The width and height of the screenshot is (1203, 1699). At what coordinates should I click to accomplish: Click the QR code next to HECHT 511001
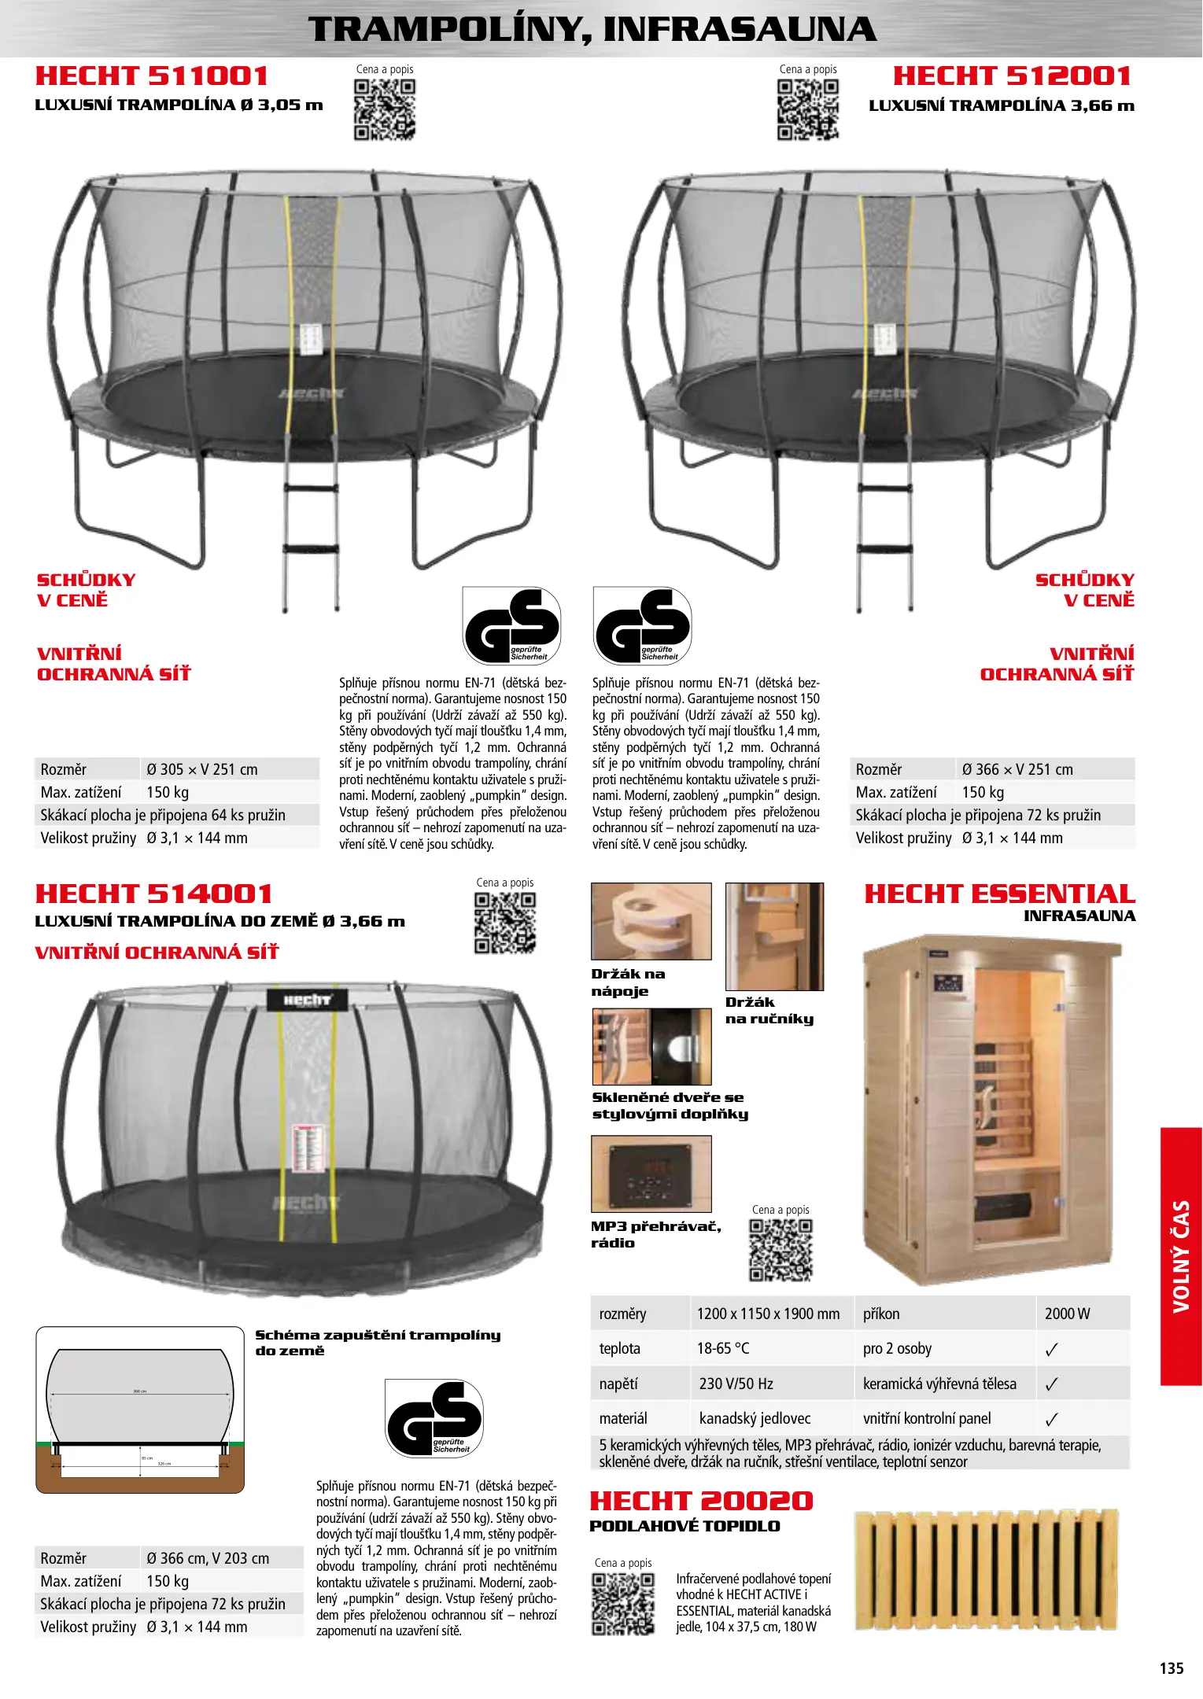click(385, 109)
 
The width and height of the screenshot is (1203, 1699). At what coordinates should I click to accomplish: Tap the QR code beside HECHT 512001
click(808, 109)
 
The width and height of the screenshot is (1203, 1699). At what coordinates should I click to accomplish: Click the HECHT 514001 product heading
click(154, 894)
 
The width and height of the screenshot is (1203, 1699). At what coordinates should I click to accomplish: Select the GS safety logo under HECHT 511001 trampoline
click(511, 626)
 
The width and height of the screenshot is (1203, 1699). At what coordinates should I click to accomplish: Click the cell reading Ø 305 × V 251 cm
click(202, 769)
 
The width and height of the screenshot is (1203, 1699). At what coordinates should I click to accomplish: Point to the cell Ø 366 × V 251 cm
click(1017, 769)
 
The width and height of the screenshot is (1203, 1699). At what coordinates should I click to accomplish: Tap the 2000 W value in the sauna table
click(1068, 1314)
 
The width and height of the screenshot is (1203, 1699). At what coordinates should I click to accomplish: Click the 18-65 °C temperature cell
click(723, 1348)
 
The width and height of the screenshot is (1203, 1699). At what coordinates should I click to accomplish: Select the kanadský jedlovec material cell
click(755, 1418)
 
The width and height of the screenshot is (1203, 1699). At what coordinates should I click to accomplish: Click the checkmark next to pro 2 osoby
click(1052, 1350)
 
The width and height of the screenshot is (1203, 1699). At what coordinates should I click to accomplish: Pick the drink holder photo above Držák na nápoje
click(651, 921)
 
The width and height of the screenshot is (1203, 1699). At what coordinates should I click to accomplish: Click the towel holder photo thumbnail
click(774, 936)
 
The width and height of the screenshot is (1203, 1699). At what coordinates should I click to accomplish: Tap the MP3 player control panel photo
click(651, 1174)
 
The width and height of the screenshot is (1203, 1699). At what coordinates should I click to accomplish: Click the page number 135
click(1172, 1668)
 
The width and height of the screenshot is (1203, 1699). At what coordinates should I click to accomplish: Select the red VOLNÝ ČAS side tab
click(1181, 1256)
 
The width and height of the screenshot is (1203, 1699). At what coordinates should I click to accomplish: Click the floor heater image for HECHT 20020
click(986, 1570)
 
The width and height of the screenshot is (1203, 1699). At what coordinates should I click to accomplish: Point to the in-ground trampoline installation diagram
click(140, 1410)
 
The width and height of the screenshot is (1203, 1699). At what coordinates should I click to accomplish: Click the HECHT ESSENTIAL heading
click(999, 894)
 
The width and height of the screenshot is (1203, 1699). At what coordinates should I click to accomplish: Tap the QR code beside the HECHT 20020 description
click(623, 1605)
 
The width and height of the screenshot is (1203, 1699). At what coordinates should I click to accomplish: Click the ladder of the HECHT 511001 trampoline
click(311, 535)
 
